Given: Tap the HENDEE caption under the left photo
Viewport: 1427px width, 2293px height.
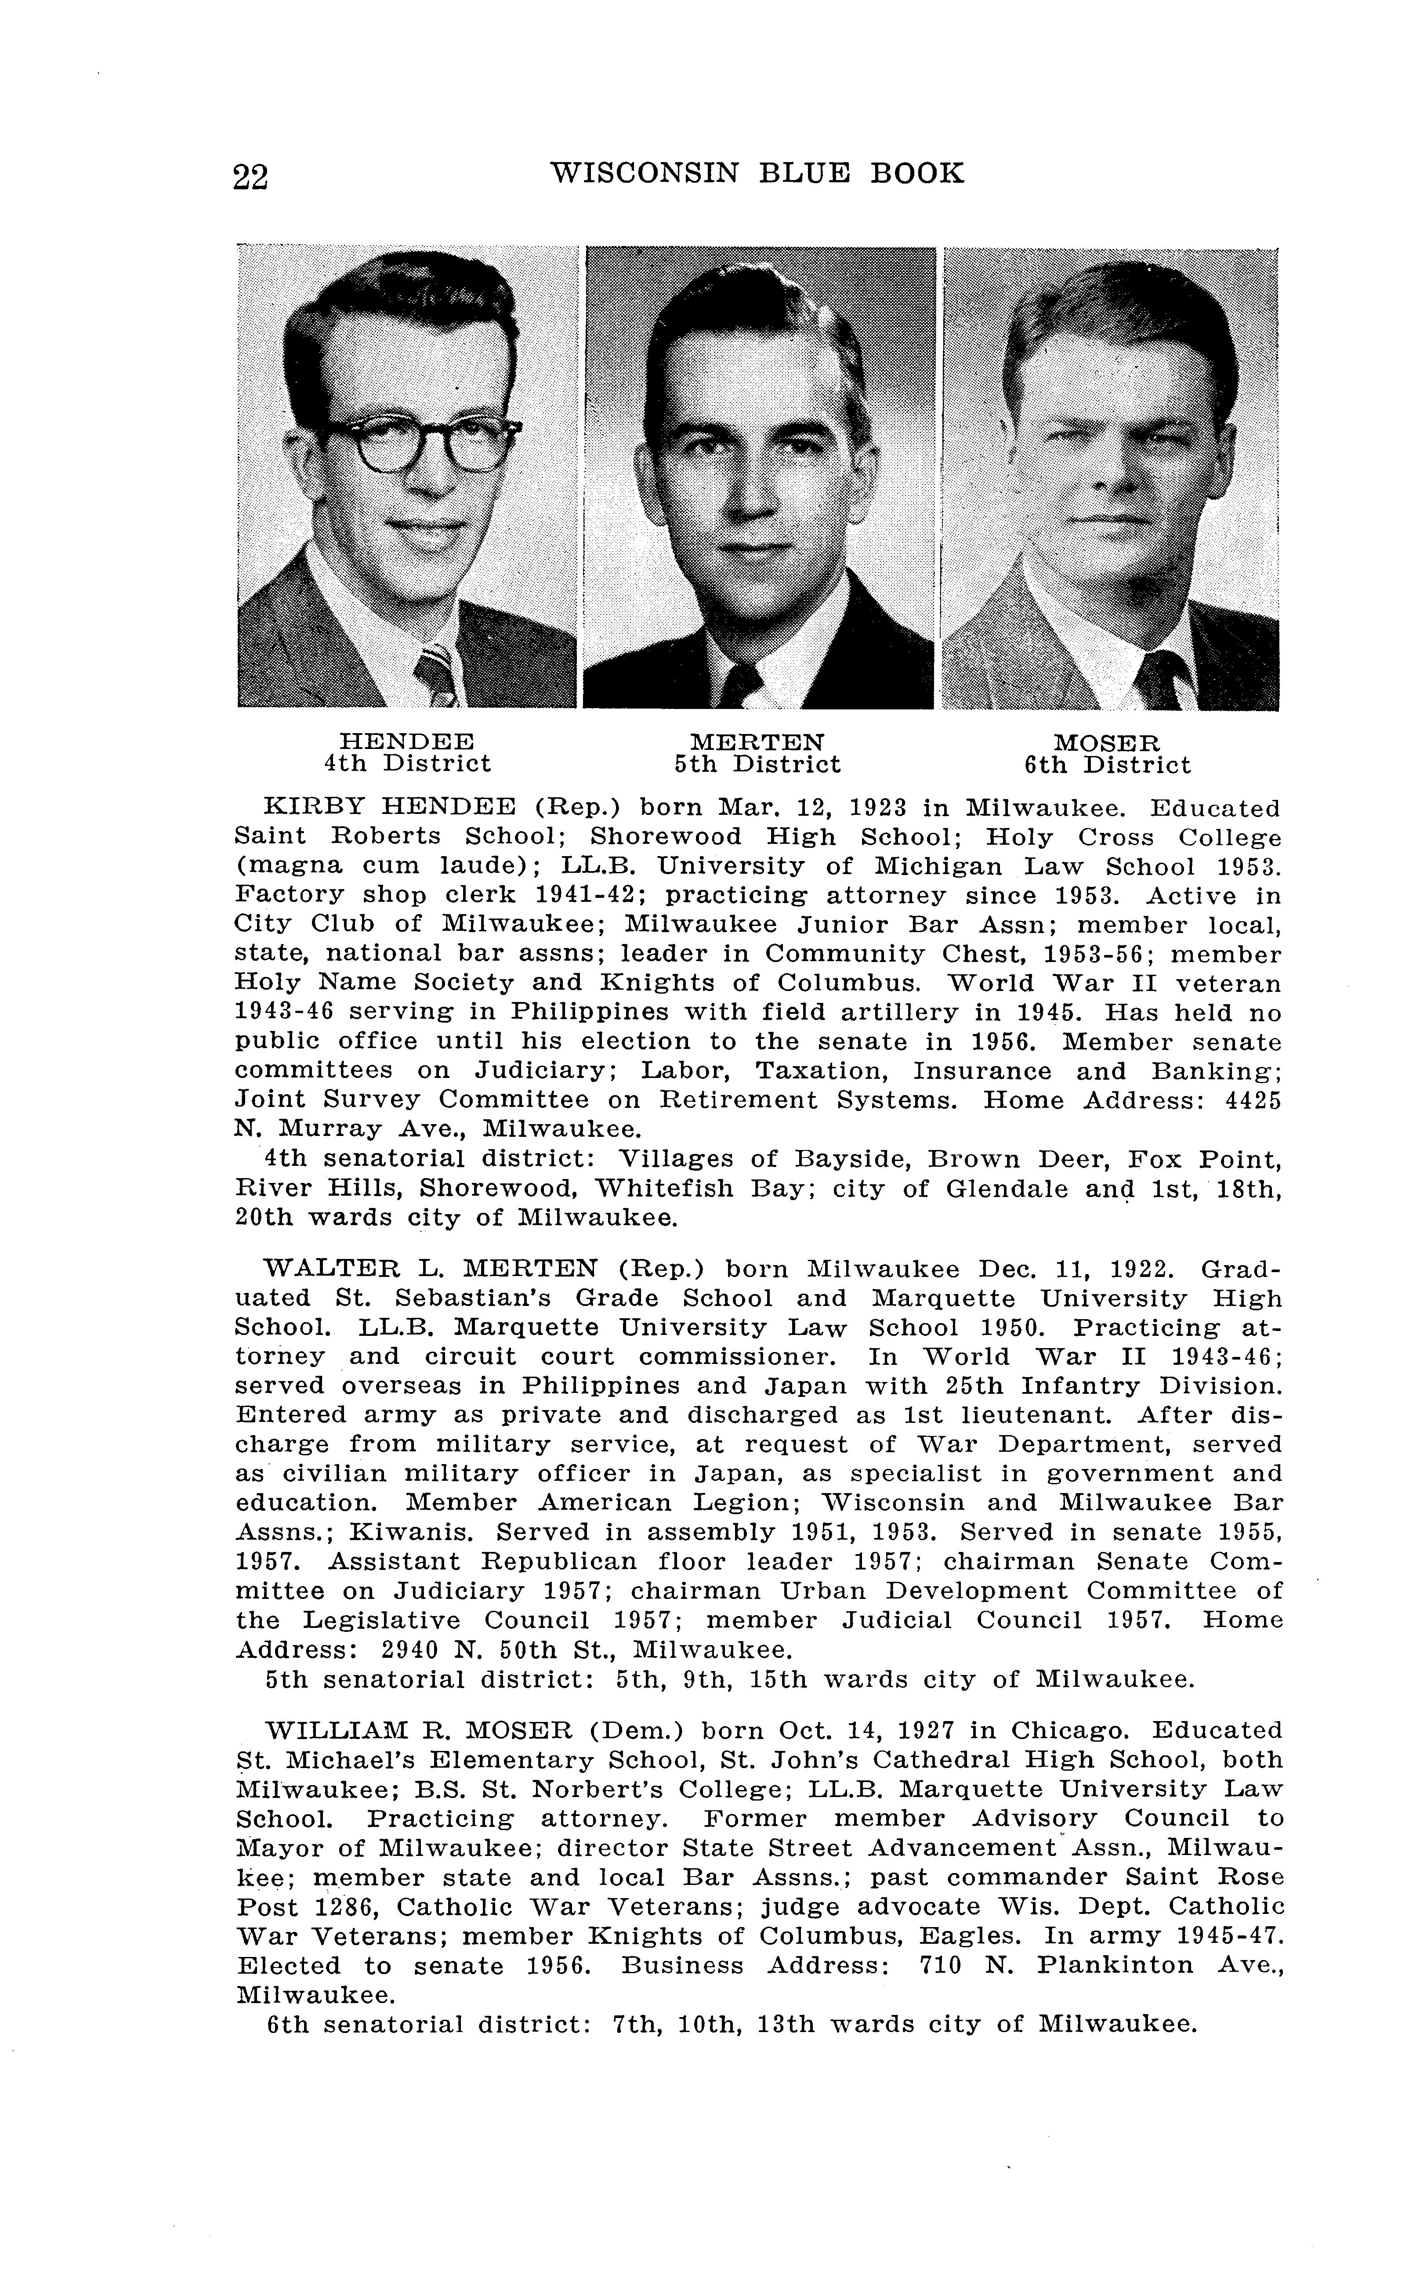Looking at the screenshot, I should coord(407,741).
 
